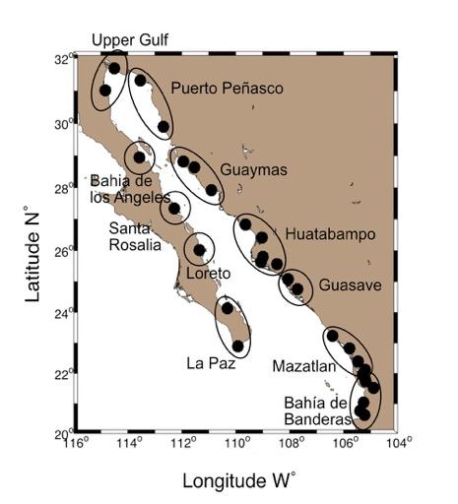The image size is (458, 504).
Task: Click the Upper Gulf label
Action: [130, 39]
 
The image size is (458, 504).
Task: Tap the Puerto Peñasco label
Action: [227, 89]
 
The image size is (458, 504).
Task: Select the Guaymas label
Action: [254, 170]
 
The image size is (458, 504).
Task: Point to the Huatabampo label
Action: [331, 234]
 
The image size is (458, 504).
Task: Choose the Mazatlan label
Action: [304, 366]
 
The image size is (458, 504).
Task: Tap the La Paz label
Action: [208, 362]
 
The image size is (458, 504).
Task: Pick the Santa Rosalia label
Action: [133, 236]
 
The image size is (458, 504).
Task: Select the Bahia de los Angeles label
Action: [124, 189]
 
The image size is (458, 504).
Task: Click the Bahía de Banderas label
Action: [317, 410]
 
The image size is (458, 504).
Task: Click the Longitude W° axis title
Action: [239, 479]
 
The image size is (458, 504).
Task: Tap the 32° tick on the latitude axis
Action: [64, 59]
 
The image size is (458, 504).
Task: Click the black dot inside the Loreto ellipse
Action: [199, 250]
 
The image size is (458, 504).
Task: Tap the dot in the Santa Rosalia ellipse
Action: [174, 208]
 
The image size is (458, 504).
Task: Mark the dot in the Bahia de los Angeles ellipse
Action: [140, 157]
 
